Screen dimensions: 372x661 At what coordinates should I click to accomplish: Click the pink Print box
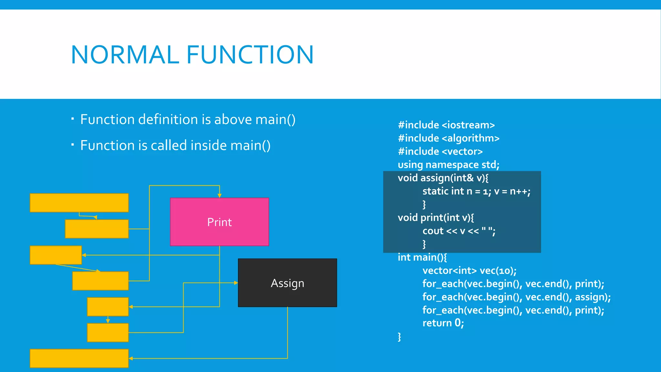tap(219, 222)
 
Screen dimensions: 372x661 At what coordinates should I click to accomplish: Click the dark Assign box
tap(287, 283)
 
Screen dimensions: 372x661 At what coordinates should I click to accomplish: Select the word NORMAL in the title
tap(125, 55)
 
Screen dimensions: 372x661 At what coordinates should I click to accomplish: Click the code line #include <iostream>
tap(446, 125)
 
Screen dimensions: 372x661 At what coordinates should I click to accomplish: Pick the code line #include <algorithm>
tap(449, 138)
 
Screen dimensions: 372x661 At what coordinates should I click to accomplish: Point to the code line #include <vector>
tap(440, 151)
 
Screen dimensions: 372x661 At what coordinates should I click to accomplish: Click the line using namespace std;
tap(448, 165)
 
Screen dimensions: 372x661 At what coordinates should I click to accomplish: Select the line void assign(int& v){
tap(443, 178)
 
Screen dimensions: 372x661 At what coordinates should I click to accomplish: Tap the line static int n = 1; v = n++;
tap(476, 191)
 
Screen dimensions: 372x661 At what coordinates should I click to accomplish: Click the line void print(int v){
tap(436, 218)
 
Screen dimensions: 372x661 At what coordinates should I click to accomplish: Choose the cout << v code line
tap(459, 231)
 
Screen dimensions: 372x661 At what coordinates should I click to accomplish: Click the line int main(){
tap(422, 257)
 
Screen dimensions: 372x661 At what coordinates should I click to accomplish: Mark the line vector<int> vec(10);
tap(469, 271)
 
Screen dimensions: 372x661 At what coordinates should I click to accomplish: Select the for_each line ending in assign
tap(516, 297)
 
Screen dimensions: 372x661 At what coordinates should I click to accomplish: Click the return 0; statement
tap(443, 323)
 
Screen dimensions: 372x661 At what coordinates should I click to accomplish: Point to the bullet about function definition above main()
tap(188, 119)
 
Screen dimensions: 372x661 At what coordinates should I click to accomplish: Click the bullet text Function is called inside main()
tap(175, 145)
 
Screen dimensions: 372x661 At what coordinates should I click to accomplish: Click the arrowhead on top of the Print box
tap(219, 196)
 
